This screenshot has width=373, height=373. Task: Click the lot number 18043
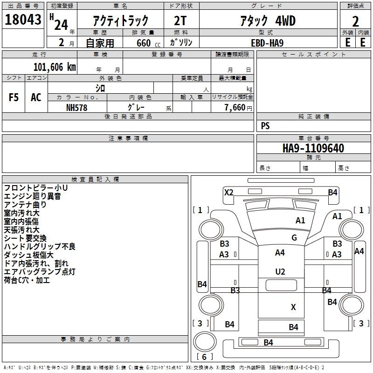click(x=23, y=20)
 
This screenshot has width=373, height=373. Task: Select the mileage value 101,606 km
click(x=55, y=67)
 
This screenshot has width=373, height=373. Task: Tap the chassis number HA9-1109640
click(x=313, y=148)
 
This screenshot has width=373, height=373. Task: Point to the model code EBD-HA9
click(x=267, y=43)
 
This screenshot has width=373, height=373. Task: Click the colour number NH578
click(x=76, y=108)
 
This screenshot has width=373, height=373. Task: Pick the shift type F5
click(x=14, y=97)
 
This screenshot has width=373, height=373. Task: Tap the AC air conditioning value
click(x=36, y=97)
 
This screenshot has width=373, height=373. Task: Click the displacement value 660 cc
click(x=148, y=43)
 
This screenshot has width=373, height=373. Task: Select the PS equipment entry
click(x=265, y=125)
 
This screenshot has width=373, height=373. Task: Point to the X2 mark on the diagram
click(x=228, y=192)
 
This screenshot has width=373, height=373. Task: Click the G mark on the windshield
click(x=294, y=237)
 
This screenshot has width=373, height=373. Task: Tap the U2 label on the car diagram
click(x=280, y=272)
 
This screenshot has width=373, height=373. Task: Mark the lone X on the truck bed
click(x=293, y=307)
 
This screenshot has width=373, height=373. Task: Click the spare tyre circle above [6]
click(x=205, y=341)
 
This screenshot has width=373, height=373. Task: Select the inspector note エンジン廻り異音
click(x=32, y=196)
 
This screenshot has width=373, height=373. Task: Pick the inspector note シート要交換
click(x=25, y=238)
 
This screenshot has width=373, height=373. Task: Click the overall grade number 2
click(x=355, y=21)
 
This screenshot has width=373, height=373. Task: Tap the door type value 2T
click(x=180, y=21)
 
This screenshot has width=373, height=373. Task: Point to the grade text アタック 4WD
click(x=268, y=21)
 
